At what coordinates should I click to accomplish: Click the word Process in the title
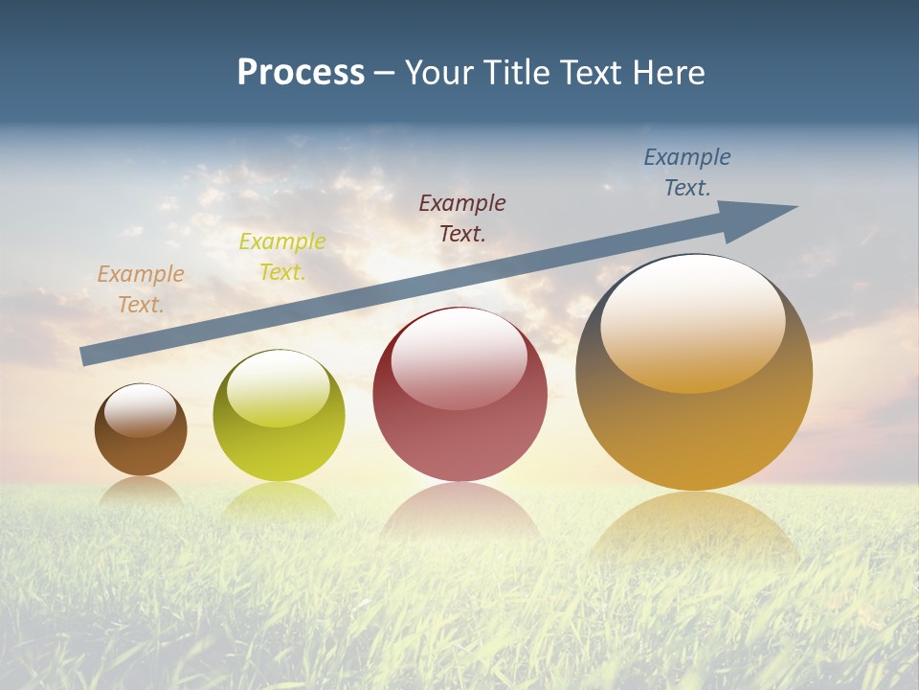point(301,73)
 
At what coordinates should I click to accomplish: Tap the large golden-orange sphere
point(694,431)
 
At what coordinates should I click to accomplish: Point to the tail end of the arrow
point(88,356)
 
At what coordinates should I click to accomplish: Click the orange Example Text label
point(141,289)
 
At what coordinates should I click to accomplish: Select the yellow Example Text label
point(282,257)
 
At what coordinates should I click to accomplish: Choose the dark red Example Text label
point(462,218)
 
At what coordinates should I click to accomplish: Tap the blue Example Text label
point(687,172)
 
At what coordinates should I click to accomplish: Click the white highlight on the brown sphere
point(141,411)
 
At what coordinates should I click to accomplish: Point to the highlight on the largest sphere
point(693,321)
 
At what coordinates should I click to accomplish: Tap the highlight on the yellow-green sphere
point(278,388)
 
